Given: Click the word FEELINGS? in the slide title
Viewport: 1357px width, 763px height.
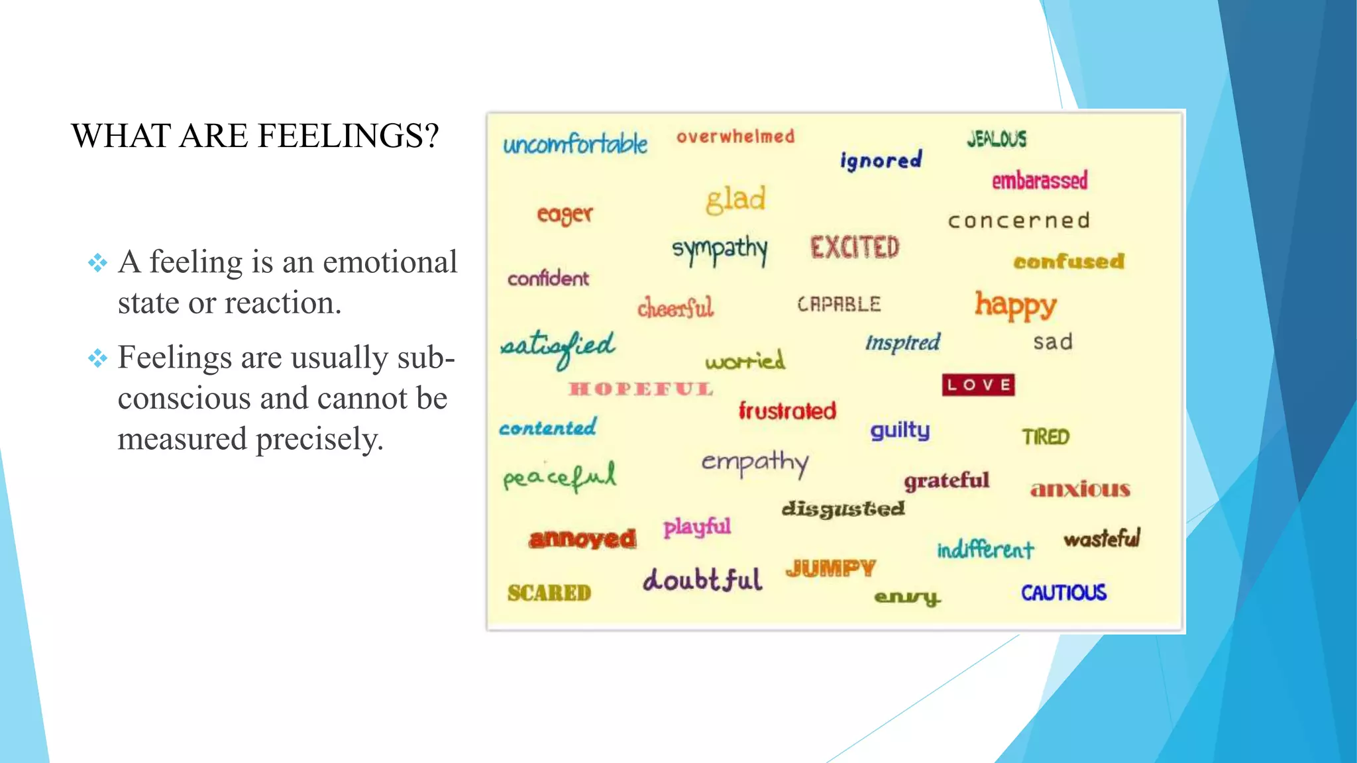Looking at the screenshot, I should [x=348, y=136].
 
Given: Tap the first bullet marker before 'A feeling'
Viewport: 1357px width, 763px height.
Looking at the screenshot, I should [x=97, y=263].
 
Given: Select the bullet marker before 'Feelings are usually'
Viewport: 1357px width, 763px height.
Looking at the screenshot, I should [x=97, y=358].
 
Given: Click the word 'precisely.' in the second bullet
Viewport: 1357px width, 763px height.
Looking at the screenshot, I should [x=320, y=439].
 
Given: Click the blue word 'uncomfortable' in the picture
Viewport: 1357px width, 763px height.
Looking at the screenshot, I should [x=575, y=144].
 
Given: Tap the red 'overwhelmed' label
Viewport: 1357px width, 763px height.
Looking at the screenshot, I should [x=735, y=137].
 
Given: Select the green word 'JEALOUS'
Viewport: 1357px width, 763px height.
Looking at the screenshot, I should [x=997, y=139].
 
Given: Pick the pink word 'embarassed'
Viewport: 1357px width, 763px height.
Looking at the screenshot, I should [x=1040, y=180].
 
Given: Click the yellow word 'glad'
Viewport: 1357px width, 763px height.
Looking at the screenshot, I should [x=735, y=199].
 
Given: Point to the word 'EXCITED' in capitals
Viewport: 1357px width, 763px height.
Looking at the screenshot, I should [x=855, y=248].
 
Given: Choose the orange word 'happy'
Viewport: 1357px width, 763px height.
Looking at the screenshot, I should [x=1015, y=305].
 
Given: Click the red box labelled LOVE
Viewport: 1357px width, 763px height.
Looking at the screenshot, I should [x=978, y=385].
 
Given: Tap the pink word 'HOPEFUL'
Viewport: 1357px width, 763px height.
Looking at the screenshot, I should [x=641, y=389].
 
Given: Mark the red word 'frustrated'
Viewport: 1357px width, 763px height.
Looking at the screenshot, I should [x=787, y=411].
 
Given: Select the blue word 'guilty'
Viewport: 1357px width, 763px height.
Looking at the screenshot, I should [x=900, y=431].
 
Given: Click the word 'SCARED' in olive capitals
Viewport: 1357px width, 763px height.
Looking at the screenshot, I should [x=549, y=593].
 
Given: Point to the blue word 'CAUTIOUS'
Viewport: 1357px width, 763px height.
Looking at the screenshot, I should [x=1063, y=593].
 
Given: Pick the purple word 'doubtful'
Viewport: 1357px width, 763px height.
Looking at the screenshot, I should [x=702, y=580].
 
